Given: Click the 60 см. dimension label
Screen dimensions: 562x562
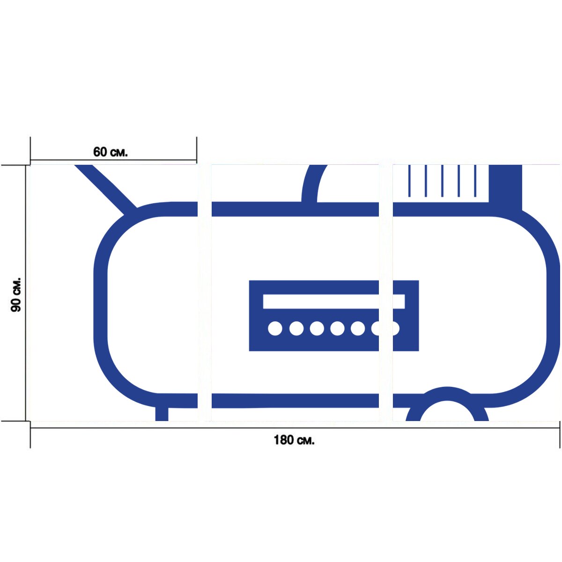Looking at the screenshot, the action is click(x=110, y=152).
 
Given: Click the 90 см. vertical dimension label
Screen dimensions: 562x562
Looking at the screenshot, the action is click(x=16, y=295).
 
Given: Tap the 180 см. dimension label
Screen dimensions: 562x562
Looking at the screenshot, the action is click(x=294, y=440).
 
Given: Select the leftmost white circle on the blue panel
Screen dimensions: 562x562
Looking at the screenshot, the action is click(x=275, y=329).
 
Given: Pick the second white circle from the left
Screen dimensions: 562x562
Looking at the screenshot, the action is click(x=296, y=329).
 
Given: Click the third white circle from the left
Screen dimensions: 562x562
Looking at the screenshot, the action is click(x=317, y=329).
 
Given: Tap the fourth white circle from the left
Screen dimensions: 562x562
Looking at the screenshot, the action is click(x=337, y=329).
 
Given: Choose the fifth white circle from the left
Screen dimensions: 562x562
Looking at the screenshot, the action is click(x=357, y=329).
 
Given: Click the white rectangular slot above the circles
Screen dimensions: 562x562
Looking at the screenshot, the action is click(x=333, y=301).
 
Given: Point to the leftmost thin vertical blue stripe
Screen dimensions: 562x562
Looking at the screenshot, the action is click(x=409, y=181).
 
